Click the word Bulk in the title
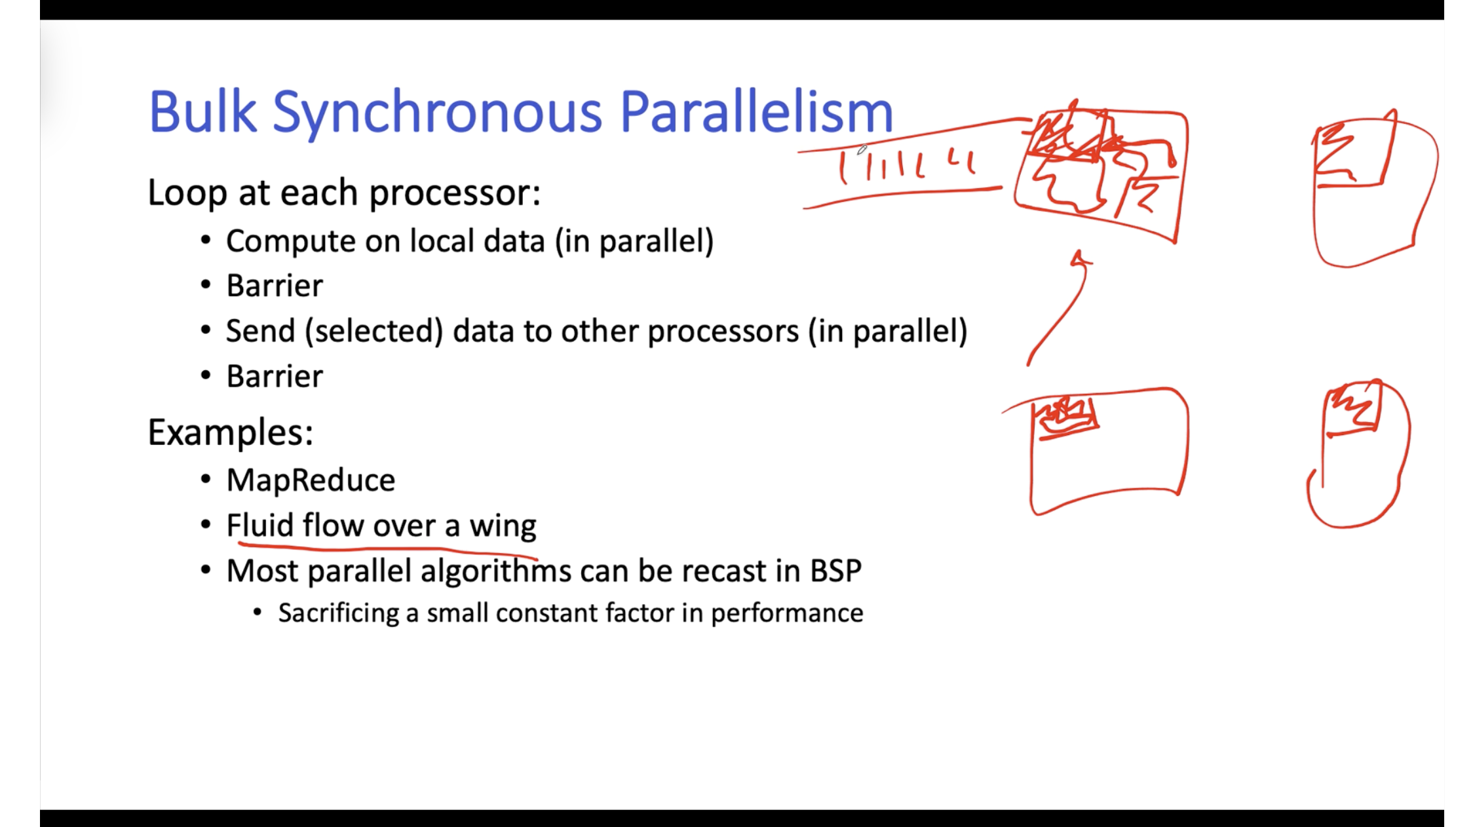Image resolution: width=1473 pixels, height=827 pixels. [x=202, y=111]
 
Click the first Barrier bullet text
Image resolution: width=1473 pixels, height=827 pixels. [x=275, y=286]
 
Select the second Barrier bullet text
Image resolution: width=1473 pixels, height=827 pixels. [x=275, y=376]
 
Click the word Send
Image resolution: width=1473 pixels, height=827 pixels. [x=260, y=331]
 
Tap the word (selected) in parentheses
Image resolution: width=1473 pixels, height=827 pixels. [x=373, y=332]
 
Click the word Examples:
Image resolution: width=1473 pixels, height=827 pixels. [x=231, y=433]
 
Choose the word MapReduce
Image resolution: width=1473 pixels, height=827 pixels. [x=311, y=480]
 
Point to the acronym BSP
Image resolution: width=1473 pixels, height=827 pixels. [x=835, y=571]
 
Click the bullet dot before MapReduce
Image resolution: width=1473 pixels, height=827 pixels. [x=206, y=480]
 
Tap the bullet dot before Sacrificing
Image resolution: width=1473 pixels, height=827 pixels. [x=258, y=613]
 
